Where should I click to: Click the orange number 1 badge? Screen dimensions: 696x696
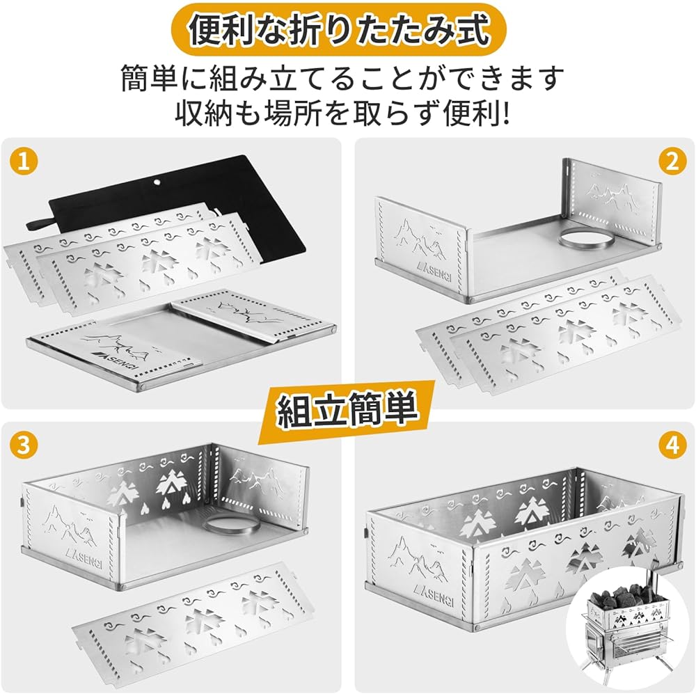click(23, 161)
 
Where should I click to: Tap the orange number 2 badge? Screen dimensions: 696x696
click(672, 161)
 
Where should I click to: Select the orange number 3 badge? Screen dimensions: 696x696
click(23, 445)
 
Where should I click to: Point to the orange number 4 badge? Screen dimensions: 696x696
click(672, 445)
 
